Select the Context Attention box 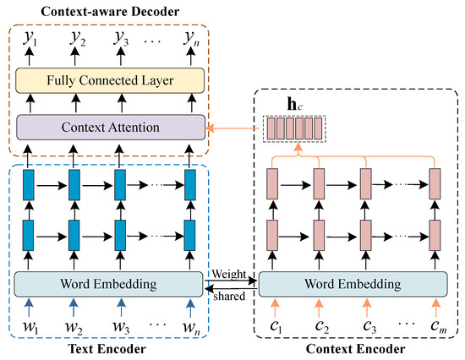click(109, 128)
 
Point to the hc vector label click(294, 104)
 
